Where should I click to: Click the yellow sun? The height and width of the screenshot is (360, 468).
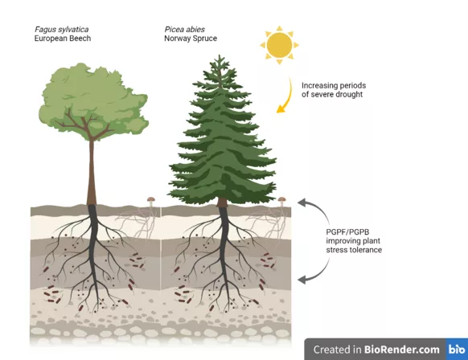pos(279,45)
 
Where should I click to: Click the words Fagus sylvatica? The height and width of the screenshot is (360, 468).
pos(61,29)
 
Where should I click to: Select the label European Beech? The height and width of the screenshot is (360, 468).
pos(63,39)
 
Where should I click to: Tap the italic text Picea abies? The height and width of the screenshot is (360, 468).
pos(184,29)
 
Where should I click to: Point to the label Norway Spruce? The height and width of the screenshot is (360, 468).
pos(191,39)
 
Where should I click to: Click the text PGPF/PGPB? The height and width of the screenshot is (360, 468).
pos(347,231)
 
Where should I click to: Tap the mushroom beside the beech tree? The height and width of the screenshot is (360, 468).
pos(151,201)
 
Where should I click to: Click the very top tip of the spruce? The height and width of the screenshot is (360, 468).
pos(220,55)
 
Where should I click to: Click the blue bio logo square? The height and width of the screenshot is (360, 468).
pos(457,349)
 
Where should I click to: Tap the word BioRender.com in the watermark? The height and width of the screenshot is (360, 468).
pos(402,350)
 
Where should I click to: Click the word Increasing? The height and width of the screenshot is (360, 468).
pos(320,86)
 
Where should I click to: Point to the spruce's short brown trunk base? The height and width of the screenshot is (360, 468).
pos(222,202)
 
